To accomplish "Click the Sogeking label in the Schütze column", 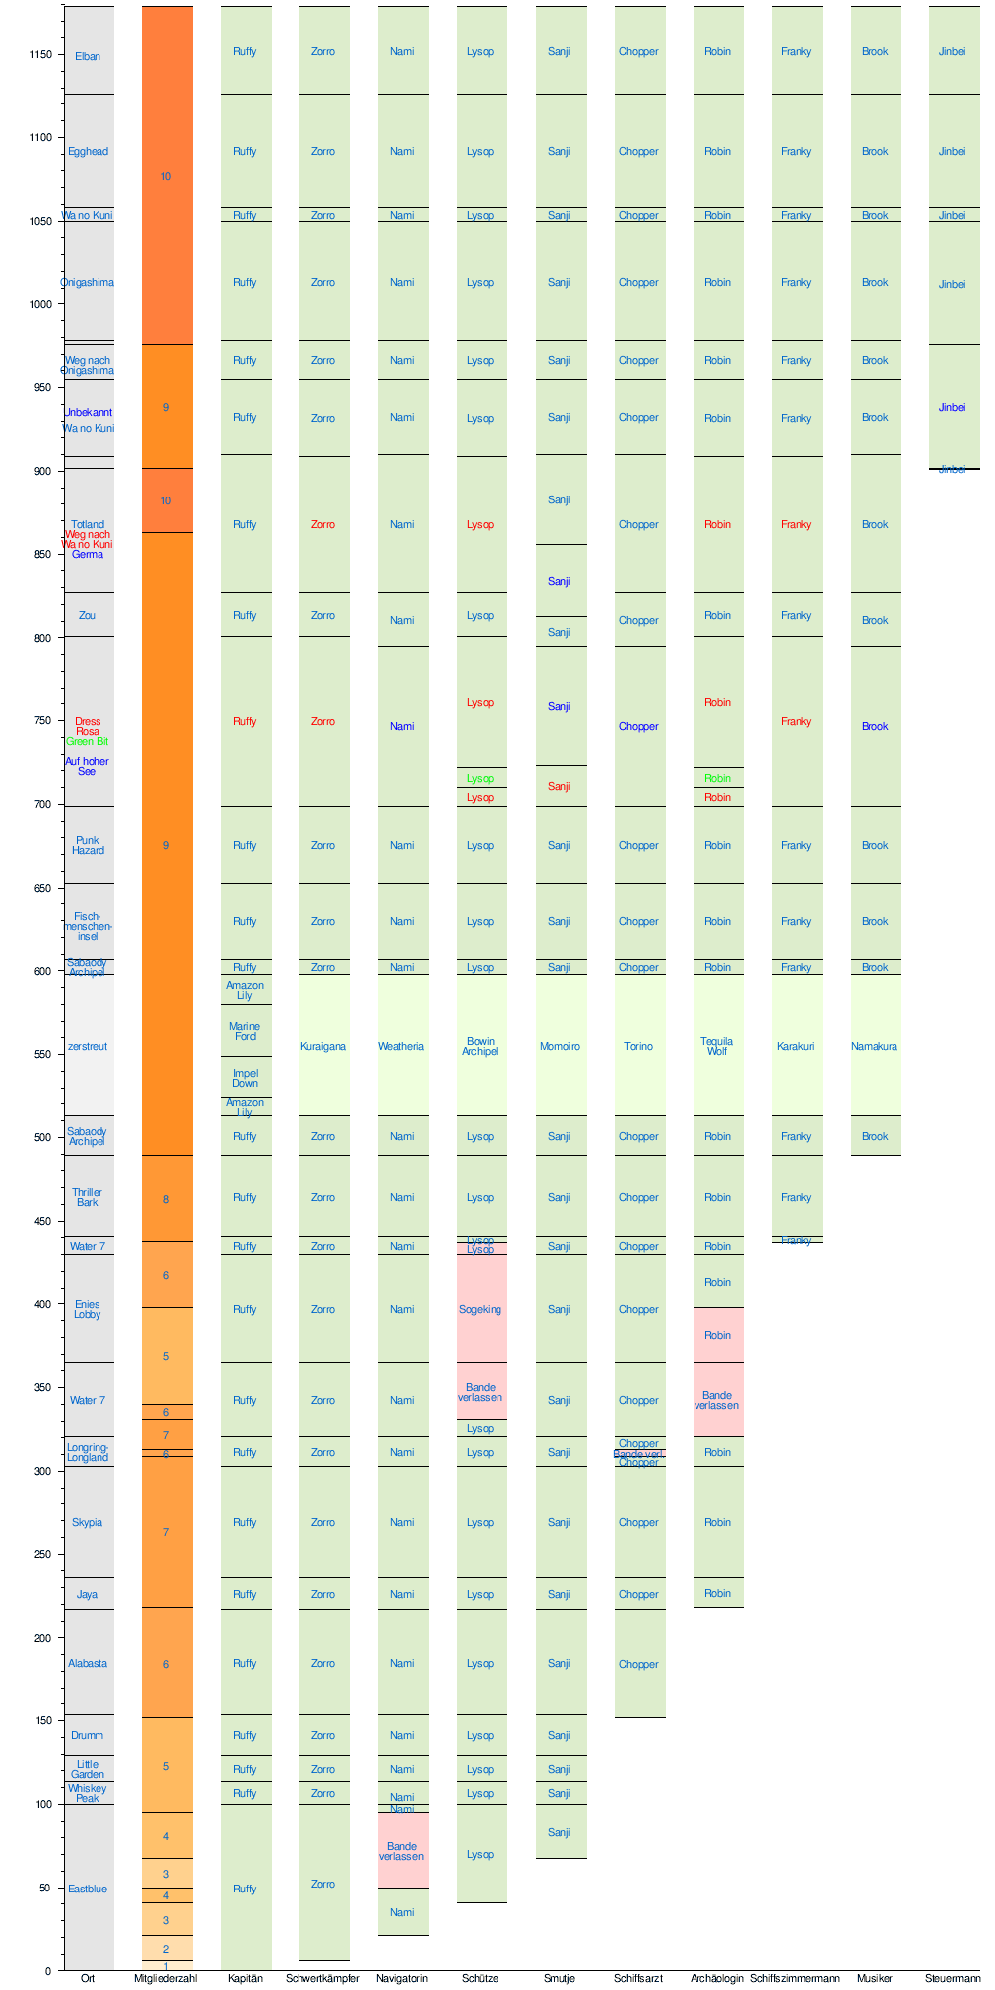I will [480, 1310].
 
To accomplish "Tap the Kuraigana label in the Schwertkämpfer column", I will [323, 1047].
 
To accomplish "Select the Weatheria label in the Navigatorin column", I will [401, 1047].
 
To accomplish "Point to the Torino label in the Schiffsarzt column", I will [639, 1047].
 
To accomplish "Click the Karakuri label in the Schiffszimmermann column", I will [796, 1047].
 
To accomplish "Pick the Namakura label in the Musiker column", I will [875, 1047].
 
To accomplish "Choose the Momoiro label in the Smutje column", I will [559, 1047].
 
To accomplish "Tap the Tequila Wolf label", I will [717, 1047].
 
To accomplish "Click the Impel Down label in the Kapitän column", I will [245, 1079].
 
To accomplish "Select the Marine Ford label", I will [245, 1032].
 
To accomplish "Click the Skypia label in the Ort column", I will [88, 1523].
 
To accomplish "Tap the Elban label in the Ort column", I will [88, 57].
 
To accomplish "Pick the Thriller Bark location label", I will [88, 1198].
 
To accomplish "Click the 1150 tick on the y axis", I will [40, 55].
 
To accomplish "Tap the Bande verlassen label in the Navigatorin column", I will [401, 1852].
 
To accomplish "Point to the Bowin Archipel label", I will [480, 1047].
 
